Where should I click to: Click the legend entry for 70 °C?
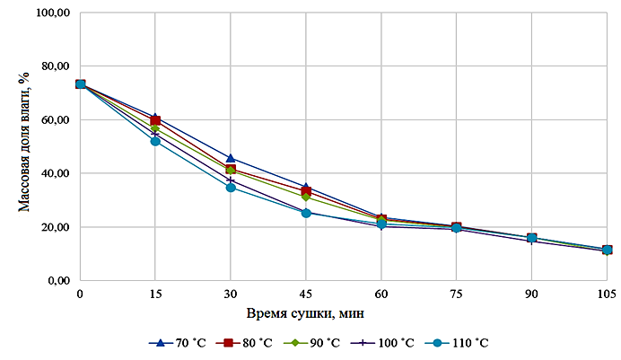point(179,343)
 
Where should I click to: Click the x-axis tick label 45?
point(306,294)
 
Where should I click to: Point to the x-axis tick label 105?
point(607,294)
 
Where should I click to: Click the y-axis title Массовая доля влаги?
point(24,146)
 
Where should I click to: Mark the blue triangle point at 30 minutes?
point(231,158)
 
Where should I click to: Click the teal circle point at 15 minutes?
point(155,141)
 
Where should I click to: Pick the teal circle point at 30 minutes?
point(231,187)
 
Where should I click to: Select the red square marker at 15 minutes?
point(155,120)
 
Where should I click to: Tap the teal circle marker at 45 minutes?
point(306,213)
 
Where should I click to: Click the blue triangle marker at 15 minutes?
point(155,116)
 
